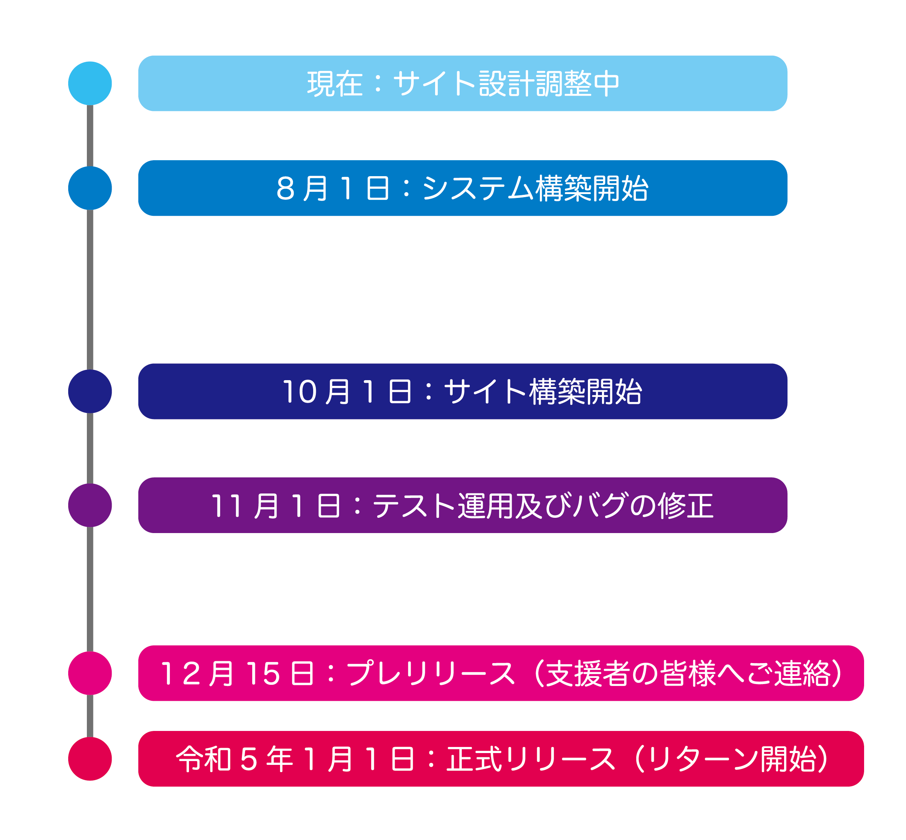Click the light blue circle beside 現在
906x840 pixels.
(x=90, y=83)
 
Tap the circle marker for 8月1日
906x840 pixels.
(x=90, y=188)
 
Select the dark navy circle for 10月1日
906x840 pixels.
(x=90, y=391)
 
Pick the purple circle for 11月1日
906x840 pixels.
(x=90, y=506)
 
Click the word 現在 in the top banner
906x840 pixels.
(x=335, y=84)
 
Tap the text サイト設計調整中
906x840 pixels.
(x=506, y=84)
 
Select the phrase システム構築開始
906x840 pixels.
(x=535, y=188)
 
